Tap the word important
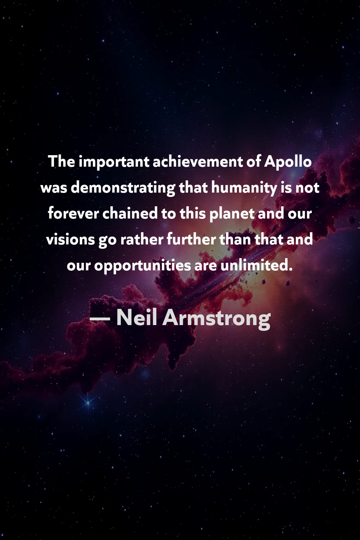114,162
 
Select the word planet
232,215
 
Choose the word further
191,239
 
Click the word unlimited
256,265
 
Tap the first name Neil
136,318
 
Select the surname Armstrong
216,319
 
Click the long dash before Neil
100,319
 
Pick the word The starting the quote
62,162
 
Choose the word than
235,239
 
